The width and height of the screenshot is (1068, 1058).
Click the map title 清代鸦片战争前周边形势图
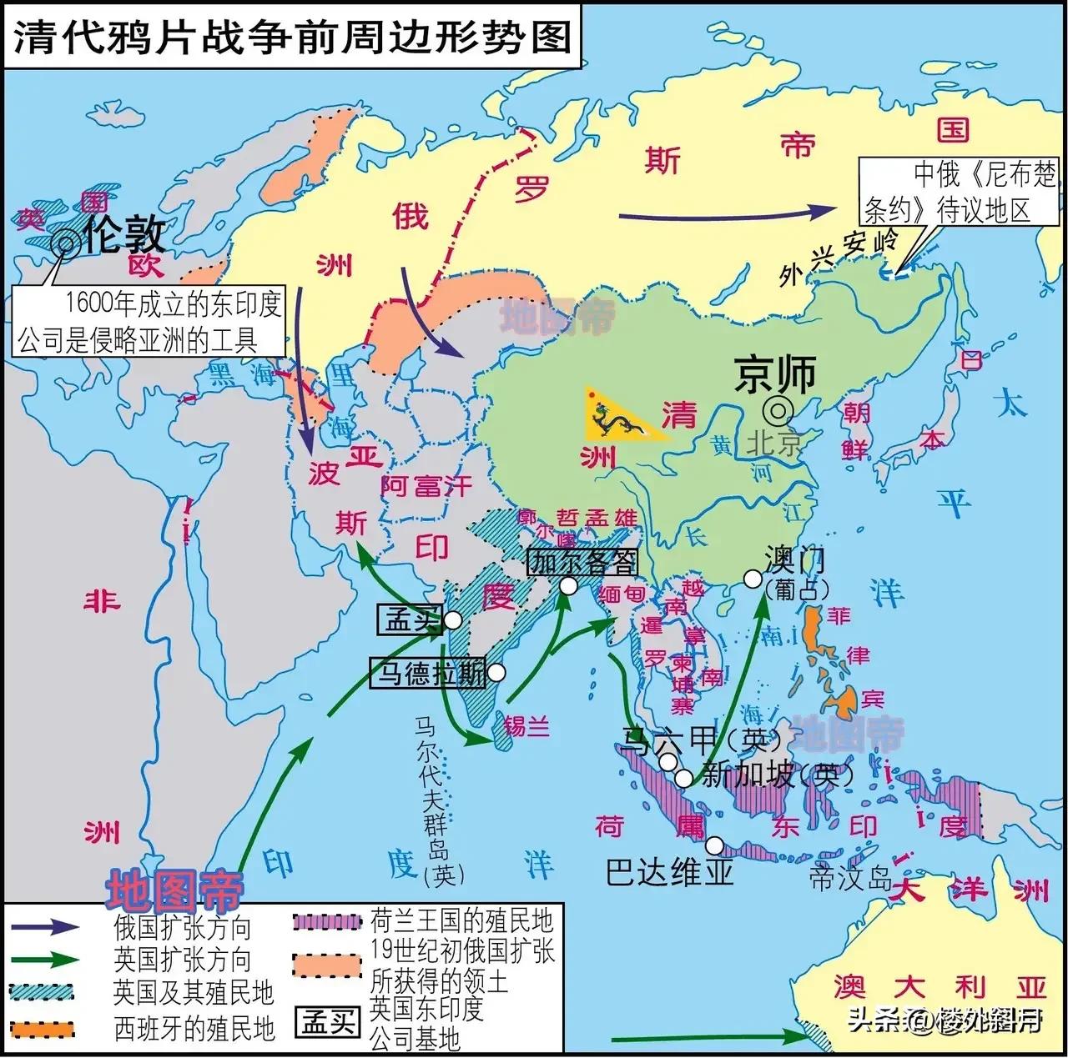point(291,38)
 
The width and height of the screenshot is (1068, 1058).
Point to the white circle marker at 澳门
point(753,579)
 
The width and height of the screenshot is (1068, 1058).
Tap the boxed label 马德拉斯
point(428,673)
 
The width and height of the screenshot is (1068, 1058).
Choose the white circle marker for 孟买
point(453,620)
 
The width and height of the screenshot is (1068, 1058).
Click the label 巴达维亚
point(670,872)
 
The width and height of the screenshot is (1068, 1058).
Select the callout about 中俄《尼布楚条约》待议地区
point(960,192)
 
